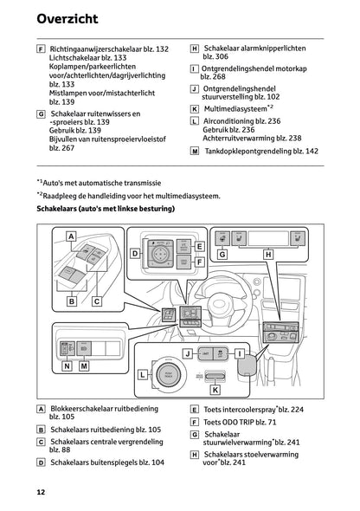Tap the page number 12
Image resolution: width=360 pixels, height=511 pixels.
point(41,492)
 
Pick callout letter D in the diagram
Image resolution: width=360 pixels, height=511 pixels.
point(134,253)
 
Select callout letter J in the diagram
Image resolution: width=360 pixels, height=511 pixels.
point(186,354)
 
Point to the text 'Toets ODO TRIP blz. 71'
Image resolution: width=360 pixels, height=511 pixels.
point(248,423)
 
